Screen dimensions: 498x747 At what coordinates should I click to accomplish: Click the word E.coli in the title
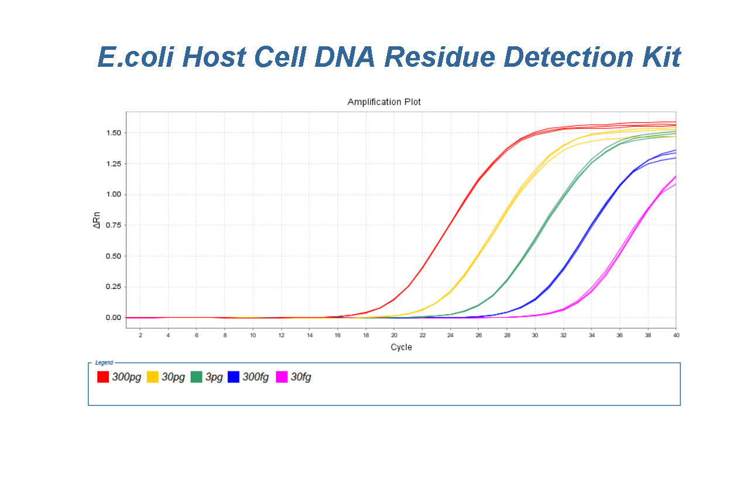[135, 57]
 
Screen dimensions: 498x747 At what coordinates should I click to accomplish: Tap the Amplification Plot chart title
[384, 102]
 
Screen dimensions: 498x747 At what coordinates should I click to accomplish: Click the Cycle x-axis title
[401, 347]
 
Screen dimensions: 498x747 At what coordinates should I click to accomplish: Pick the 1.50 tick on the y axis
[113, 133]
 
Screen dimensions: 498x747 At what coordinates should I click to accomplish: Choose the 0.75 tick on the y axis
[113, 226]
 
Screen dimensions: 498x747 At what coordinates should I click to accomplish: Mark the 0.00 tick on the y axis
[113, 318]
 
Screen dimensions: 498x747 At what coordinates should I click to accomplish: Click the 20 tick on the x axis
[394, 335]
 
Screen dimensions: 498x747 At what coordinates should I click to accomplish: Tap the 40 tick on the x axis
[676, 335]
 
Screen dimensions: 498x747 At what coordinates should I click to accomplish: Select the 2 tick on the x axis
[141, 335]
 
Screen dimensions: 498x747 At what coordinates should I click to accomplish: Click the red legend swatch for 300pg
[104, 377]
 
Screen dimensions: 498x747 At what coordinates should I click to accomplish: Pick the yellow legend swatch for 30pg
[153, 377]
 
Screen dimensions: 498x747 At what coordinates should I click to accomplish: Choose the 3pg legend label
[214, 377]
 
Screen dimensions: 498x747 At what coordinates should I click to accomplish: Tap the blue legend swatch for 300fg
[234, 377]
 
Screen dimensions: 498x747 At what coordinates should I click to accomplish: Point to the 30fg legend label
[301, 377]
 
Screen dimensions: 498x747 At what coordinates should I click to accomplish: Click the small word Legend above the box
[104, 363]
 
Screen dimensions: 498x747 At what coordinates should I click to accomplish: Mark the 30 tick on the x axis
[534, 335]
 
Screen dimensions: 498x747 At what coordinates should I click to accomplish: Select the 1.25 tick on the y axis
[113, 164]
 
